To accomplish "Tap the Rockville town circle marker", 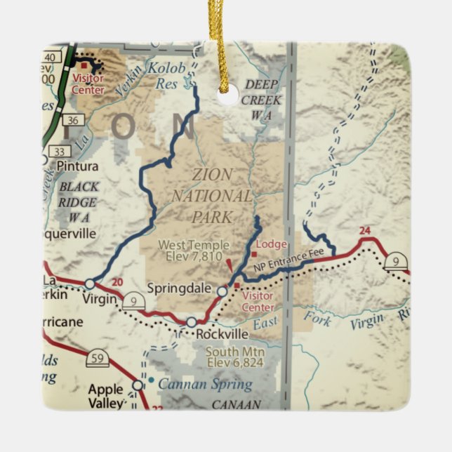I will coord(191,322).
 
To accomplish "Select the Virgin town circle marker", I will coord(90,284).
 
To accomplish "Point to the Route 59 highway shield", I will coord(98,360).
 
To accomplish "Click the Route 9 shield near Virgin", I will coord(133,303).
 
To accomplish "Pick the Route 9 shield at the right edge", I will coord(397,260).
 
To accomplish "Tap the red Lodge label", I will coord(272,244).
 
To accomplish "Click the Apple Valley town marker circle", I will coord(138,385).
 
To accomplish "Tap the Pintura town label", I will coord(77,166).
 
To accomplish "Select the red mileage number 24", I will coord(364,230).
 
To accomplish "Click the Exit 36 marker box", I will coord(58,119).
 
